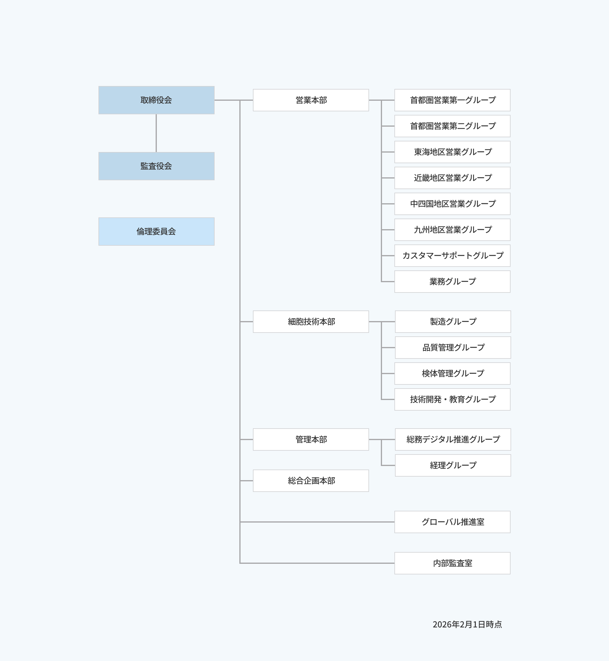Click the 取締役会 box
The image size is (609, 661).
[156, 100]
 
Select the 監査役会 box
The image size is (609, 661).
[156, 166]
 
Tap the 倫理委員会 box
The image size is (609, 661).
[156, 232]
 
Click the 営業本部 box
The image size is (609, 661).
[311, 100]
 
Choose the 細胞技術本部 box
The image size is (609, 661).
[311, 322]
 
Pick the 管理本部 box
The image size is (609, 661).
[311, 439]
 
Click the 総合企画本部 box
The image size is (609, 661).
[311, 481]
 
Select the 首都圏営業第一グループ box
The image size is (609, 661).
[452, 100]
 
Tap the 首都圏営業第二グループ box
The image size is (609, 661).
[452, 126]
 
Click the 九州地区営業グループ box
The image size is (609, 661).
[452, 230]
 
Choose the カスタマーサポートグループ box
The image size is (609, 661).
[452, 256]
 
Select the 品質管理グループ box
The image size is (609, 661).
[453, 348]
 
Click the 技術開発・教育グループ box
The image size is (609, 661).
[452, 399]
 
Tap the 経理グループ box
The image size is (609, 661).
[453, 465]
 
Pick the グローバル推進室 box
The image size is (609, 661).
[452, 522]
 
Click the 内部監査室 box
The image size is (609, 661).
[452, 563]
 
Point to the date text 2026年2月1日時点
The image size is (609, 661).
[467, 624]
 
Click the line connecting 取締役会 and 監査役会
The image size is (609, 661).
[156, 133]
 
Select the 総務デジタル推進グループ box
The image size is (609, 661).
[453, 439]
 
